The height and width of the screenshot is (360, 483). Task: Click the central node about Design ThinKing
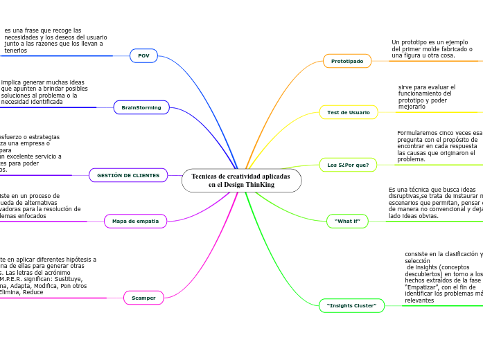(241, 181)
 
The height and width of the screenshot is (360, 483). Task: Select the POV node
(143, 55)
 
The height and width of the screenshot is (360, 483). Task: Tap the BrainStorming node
(141, 107)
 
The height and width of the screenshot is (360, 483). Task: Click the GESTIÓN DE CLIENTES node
(128, 175)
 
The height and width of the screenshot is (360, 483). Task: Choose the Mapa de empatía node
(135, 221)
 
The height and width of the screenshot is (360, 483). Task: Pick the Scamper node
(143, 298)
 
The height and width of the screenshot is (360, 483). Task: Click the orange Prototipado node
(346, 61)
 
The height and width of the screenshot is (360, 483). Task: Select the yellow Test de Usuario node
(348, 112)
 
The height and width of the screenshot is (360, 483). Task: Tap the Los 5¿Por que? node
(348, 165)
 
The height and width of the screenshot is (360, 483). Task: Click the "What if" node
(347, 221)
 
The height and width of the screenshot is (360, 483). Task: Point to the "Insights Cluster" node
(351, 305)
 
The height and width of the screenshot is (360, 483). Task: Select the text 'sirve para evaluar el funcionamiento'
(426, 97)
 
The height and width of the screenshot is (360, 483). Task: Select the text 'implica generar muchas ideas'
(44, 92)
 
